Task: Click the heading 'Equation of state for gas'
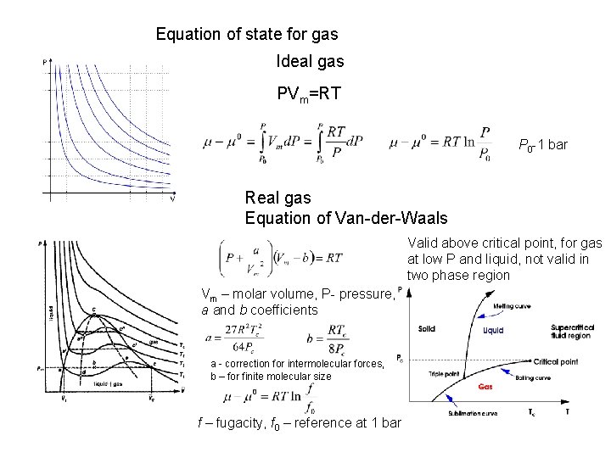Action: click(x=247, y=35)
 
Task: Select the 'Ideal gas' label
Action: click(x=310, y=62)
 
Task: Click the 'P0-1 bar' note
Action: click(x=543, y=145)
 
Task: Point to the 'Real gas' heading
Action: click(x=277, y=198)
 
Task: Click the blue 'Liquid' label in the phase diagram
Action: click(x=495, y=331)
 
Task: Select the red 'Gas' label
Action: click(x=485, y=387)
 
